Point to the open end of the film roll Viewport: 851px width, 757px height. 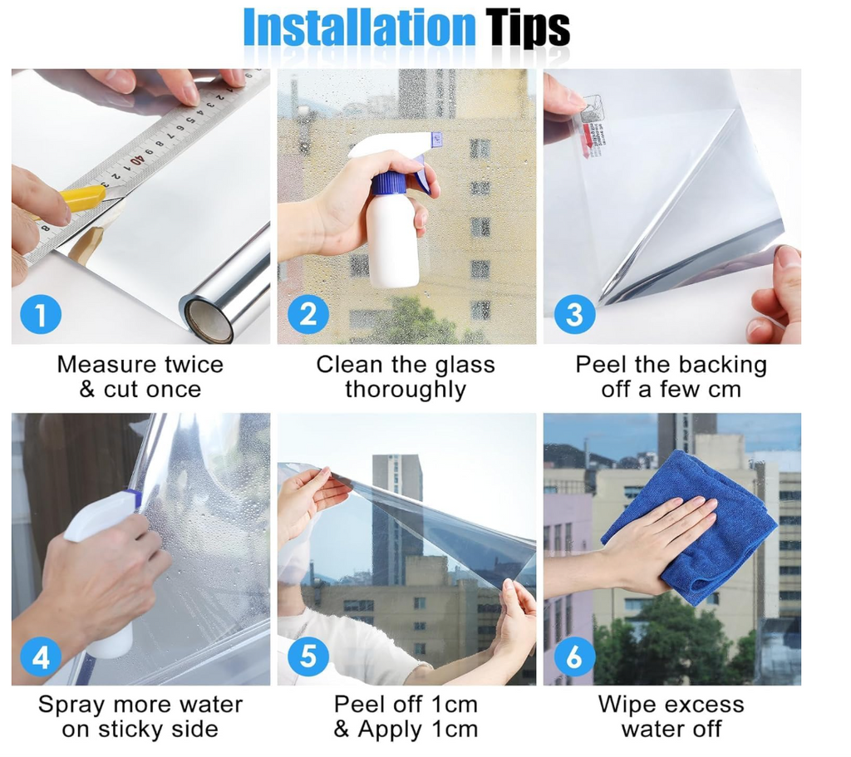click(208, 321)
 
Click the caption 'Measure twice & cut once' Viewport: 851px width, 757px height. click(140, 377)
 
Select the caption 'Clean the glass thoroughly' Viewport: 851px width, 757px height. click(406, 377)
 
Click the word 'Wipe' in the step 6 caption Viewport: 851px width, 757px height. click(628, 705)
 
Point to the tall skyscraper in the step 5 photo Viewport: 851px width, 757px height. click(396, 515)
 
